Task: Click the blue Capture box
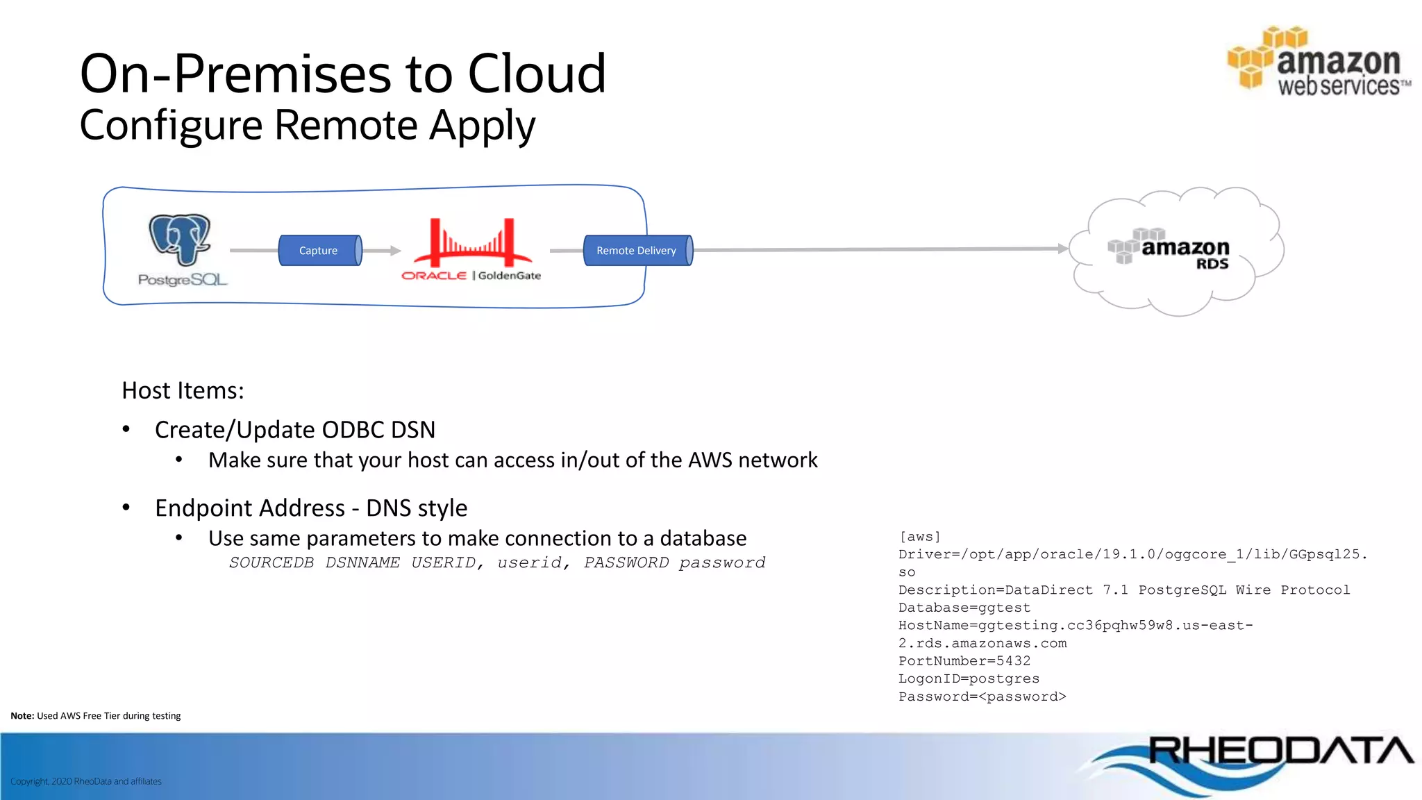[319, 251]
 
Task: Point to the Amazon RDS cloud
[1177, 251]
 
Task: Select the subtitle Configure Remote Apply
[307, 126]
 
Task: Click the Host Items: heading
[183, 390]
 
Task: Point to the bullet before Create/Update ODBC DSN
[126, 429]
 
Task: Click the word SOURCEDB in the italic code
[271, 562]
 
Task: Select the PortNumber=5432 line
[964, 661]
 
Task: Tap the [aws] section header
[919, 537]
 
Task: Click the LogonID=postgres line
[969, 678]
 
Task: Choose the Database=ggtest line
[964, 608]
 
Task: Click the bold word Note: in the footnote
[22, 716]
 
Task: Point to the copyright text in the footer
[86, 781]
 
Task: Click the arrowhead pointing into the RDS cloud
[1063, 248]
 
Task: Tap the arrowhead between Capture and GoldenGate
[396, 251]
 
